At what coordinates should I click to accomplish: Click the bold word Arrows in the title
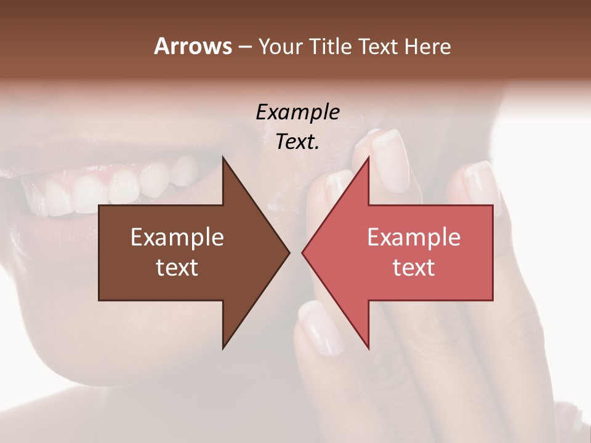193,46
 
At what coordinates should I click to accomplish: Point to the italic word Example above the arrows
297,112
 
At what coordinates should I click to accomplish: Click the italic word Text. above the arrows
297,142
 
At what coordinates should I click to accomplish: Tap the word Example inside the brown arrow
177,237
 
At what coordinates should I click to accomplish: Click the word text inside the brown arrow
177,267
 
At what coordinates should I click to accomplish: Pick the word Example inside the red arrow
414,237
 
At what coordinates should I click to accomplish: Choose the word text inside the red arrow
414,267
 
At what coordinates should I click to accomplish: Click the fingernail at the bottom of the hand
320,329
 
